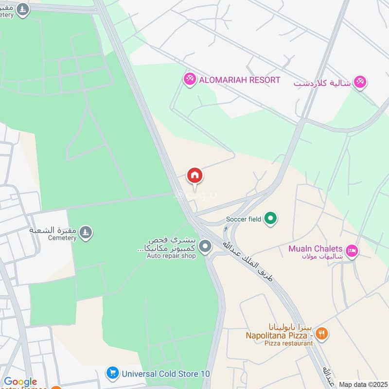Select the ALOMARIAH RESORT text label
tap(240, 80)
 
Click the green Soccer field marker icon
tap(271, 219)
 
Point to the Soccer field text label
tap(244, 220)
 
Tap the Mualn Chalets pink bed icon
tap(353, 251)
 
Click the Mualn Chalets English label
tap(316, 248)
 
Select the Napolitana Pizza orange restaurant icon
tap(321, 334)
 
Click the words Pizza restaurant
tap(289, 343)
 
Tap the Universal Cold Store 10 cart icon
tap(113, 373)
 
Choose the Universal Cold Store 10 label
tap(166, 374)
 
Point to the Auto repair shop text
tap(171, 256)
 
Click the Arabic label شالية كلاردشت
tap(322, 83)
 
